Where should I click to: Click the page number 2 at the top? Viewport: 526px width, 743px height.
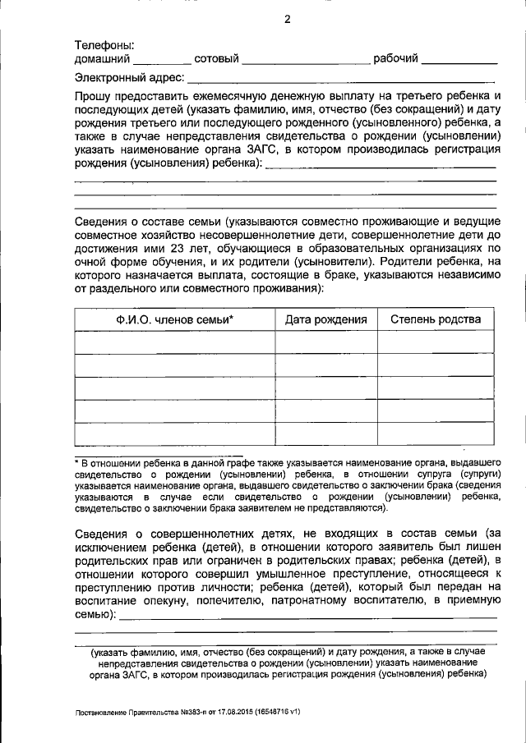click(x=287, y=20)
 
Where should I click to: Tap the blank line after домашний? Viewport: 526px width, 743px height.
click(x=161, y=60)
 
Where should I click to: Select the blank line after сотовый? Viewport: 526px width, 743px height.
click(x=306, y=60)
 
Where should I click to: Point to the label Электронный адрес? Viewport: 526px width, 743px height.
click(x=129, y=79)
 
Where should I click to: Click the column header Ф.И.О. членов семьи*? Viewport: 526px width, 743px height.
click(x=174, y=319)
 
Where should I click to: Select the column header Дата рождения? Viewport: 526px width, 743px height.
click(x=325, y=319)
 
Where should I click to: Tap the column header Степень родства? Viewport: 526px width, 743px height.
click(x=436, y=319)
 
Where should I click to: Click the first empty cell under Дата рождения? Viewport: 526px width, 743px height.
click(x=325, y=342)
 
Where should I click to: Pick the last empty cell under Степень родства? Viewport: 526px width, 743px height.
click(x=436, y=433)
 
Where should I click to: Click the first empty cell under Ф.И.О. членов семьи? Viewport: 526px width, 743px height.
click(x=174, y=342)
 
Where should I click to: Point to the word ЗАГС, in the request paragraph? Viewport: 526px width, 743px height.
click(x=246, y=150)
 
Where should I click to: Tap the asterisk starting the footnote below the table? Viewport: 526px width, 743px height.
click(x=76, y=464)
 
